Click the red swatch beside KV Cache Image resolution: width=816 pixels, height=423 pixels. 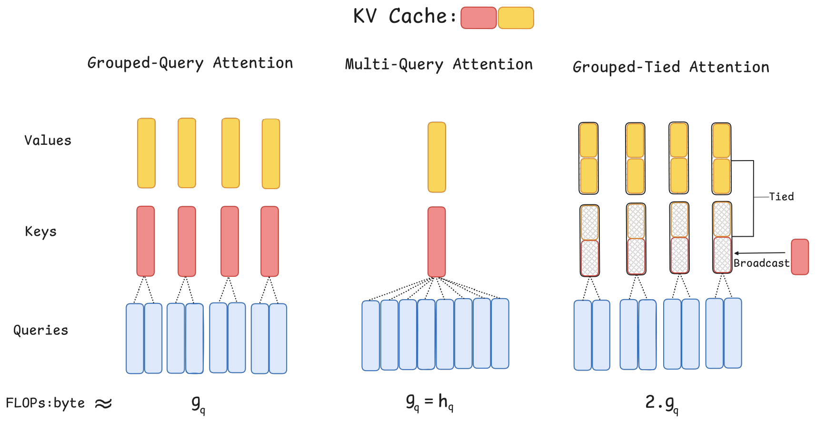[x=478, y=18]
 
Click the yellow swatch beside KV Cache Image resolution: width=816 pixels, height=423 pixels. [x=516, y=18]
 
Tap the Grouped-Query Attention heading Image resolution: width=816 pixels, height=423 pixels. [x=190, y=63]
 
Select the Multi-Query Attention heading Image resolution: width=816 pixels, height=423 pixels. [x=438, y=64]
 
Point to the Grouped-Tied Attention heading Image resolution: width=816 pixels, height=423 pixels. [x=671, y=67]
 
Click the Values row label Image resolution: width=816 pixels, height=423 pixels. [x=48, y=141]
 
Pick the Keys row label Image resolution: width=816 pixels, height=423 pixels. [x=40, y=232]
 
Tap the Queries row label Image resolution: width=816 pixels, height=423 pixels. [x=40, y=330]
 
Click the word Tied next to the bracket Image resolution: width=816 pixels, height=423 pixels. [x=781, y=196]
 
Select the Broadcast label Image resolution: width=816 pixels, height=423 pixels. [x=761, y=263]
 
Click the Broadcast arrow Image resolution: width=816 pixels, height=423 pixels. [x=759, y=253]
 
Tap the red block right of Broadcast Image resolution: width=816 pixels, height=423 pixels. [x=800, y=257]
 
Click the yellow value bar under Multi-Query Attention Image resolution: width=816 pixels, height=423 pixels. [x=437, y=157]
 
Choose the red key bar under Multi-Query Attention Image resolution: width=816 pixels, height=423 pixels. [x=437, y=242]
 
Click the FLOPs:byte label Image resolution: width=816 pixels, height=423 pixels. [x=45, y=403]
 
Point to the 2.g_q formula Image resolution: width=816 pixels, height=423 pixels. [x=662, y=403]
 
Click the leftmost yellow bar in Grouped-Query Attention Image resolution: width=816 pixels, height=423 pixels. [x=146, y=153]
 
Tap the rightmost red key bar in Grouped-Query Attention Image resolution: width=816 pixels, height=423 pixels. [x=269, y=241]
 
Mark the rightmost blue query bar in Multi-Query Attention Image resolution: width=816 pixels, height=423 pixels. [x=500, y=333]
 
